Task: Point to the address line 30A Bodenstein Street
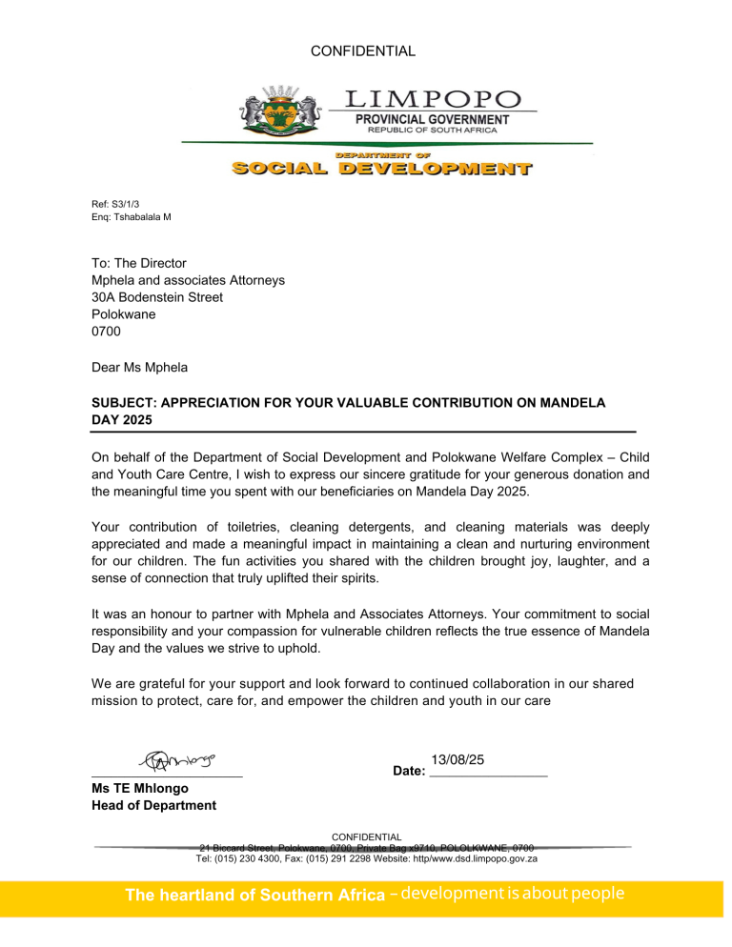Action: (x=157, y=297)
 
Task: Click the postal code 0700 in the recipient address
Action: (x=106, y=332)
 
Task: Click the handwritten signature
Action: (x=178, y=761)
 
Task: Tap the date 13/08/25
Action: (x=457, y=759)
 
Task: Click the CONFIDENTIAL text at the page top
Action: (x=364, y=51)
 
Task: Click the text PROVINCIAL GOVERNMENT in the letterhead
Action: (x=432, y=119)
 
